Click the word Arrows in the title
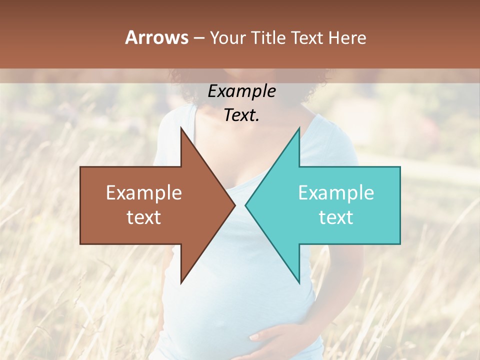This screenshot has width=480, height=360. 157,38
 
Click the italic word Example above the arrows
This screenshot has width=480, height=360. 242,91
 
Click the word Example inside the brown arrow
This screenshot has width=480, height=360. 144,193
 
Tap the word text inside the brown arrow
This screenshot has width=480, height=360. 144,217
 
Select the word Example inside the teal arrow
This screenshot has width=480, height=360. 336,193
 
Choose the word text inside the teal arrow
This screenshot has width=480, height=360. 336,217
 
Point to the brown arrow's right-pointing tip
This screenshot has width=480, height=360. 234,205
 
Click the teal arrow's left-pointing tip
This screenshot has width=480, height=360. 246,205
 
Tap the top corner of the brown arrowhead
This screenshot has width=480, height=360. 181,128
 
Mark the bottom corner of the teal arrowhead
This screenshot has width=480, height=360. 299,282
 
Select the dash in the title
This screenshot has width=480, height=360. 199,38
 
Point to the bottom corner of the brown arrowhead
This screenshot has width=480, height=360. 181,282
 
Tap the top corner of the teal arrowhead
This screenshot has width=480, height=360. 299,128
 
